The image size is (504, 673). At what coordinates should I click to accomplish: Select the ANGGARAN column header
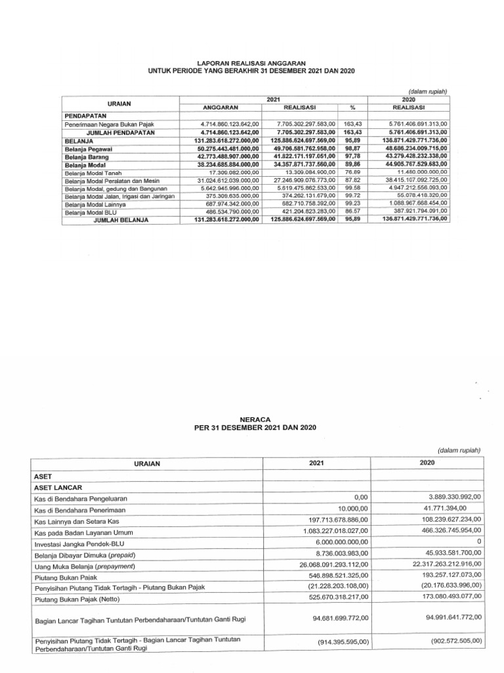(x=220, y=107)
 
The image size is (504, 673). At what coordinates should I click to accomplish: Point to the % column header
(x=352, y=107)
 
